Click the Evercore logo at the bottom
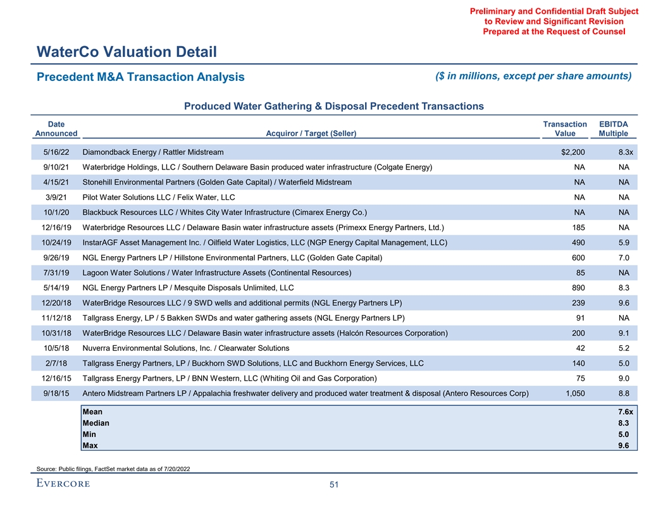point(62,484)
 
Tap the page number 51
point(334,485)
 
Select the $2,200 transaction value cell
point(572,152)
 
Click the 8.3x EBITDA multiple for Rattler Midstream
point(625,152)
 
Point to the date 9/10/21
point(56,167)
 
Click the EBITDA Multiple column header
point(613,129)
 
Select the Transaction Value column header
point(565,129)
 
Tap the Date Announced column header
point(56,129)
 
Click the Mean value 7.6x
point(625,412)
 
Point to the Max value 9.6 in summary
point(624,446)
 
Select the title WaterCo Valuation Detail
point(127,51)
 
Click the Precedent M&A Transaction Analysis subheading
point(140,77)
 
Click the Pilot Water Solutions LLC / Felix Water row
point(159,197)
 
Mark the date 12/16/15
point(56,378)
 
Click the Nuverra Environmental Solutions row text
point(186,348)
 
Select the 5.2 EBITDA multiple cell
point(624,348)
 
